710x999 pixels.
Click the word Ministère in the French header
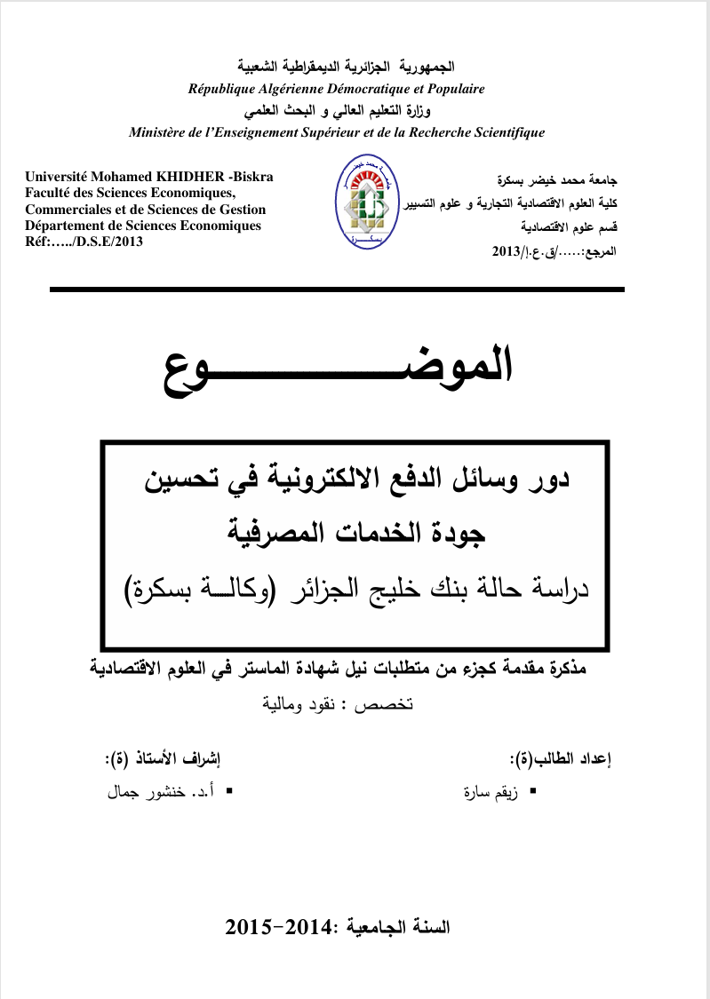(x=160, y=133)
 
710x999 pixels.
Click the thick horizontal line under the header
(x=337, y=289)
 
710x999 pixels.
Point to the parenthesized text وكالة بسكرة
(x=204, y=588)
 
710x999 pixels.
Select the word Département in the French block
(x=68, y=226)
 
